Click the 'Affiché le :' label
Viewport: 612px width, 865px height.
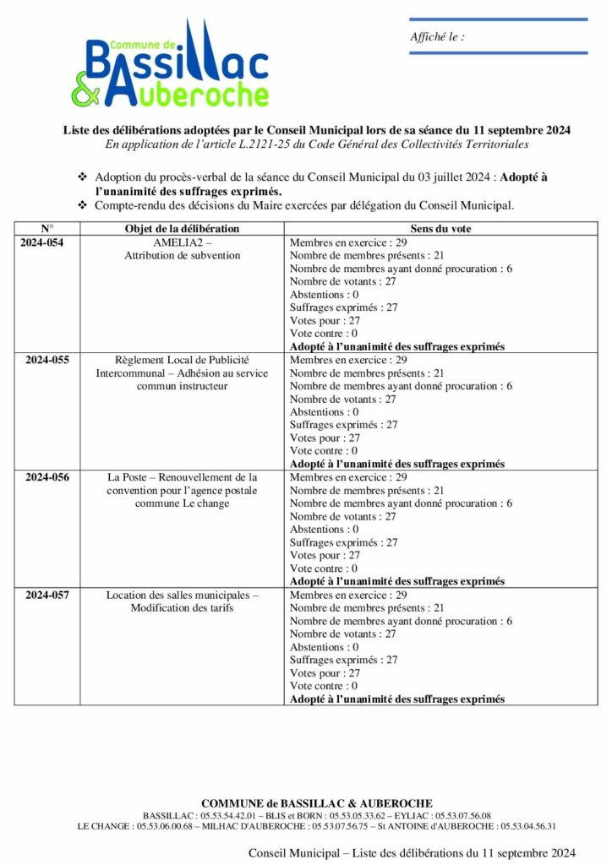[437, 36]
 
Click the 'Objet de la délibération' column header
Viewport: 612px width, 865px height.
[182, 229]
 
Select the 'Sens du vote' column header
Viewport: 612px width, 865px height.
[440, 229]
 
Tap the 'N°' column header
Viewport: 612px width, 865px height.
[47, 229]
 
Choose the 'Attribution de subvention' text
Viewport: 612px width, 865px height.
[182, 255]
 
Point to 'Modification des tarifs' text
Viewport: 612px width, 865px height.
[182, 608]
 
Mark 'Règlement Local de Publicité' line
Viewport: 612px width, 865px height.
[182, 360]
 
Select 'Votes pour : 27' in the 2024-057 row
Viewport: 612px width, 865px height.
[325, 673]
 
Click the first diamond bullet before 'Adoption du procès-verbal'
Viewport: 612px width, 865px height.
[83, 177]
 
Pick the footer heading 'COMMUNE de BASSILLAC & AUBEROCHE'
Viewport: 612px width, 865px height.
[317, 802]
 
